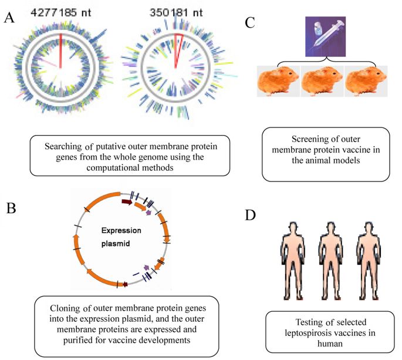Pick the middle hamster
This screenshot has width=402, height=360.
(322, 82)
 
